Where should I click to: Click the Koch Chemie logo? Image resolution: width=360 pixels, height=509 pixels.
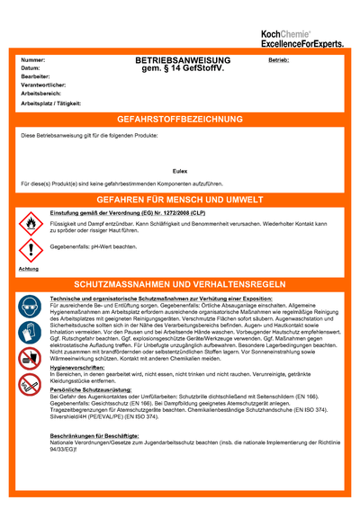(301, 37)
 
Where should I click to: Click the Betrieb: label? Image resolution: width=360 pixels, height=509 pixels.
(278, 59)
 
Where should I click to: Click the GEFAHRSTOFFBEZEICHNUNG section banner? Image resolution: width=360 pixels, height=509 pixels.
(180, 120)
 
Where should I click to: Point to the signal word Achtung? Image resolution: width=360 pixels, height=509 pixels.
(29, 269)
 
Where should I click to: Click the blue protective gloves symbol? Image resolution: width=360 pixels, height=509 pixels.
(30, 333)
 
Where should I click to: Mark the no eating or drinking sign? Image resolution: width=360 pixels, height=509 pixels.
(30, 359)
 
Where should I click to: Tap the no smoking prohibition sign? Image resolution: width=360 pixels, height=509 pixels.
(30, 384)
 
